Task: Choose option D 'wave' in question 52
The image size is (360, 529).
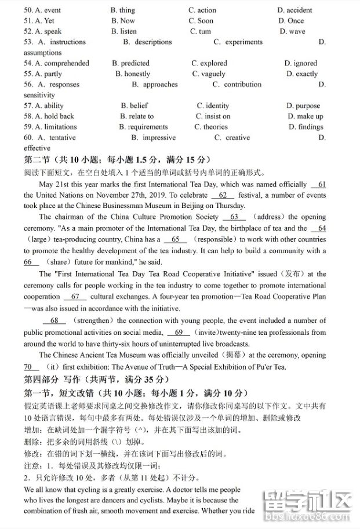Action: [x=296, y=31]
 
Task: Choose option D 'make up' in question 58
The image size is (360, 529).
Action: [x=305, y=116]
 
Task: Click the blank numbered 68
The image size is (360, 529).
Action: [x=54, y=320]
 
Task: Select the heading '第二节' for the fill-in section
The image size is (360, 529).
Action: [x=37, y=159]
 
